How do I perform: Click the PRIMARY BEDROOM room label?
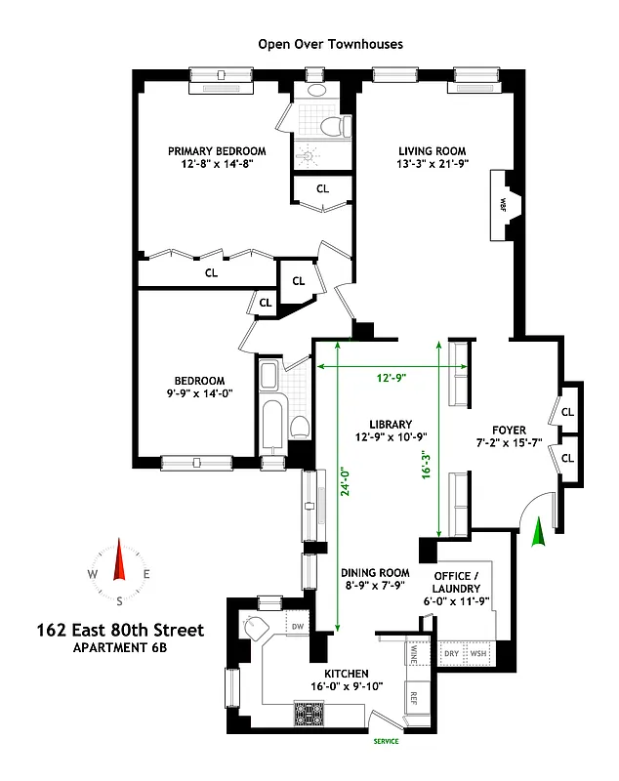coord(217,150)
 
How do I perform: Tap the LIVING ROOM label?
coord(431,150)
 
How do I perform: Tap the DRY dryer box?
coord(453,653)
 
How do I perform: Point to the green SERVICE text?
coord(387,741)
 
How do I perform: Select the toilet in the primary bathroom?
coord(333,125)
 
